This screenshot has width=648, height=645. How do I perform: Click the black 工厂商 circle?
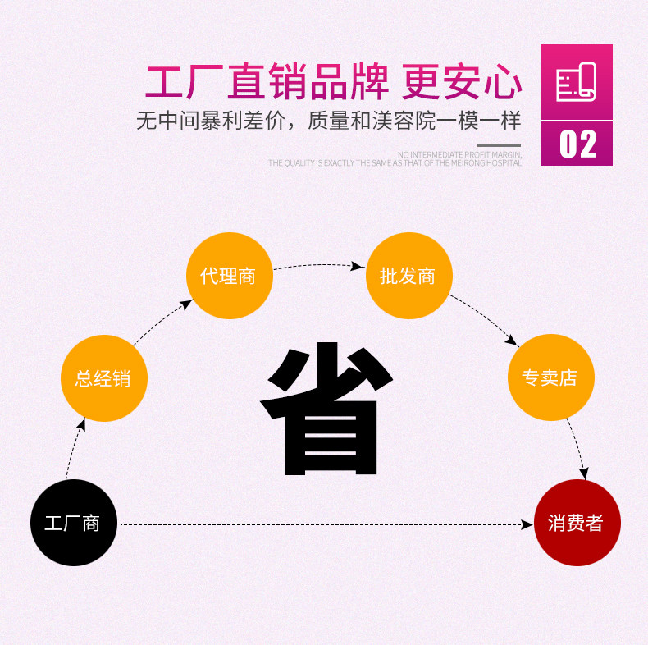pos(74,523)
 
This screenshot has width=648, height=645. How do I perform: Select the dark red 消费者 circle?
pos(577,523)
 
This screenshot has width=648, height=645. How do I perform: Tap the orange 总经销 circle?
pos(104,378)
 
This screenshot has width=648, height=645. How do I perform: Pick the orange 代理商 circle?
pos(230,276)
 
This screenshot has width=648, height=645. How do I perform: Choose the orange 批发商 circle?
pos(409,276)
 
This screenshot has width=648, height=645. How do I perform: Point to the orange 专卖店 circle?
pos(551,377)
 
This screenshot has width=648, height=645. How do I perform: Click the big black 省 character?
pos(326,408)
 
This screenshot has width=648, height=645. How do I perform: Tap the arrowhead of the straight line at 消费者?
pos(527,524)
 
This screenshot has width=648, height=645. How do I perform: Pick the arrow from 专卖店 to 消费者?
pos(578,449)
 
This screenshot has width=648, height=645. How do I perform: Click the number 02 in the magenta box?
pos(577,144)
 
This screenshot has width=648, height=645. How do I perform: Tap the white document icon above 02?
pos(576,82)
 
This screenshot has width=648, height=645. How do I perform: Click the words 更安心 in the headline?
pos(462,82)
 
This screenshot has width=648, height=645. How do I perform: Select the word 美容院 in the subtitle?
pos(404,121)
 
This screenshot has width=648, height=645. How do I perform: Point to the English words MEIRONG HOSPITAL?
pos(486,163)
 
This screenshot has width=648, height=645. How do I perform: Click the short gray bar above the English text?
pos(499,145)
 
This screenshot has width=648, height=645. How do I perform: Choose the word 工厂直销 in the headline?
pos(226,82)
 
